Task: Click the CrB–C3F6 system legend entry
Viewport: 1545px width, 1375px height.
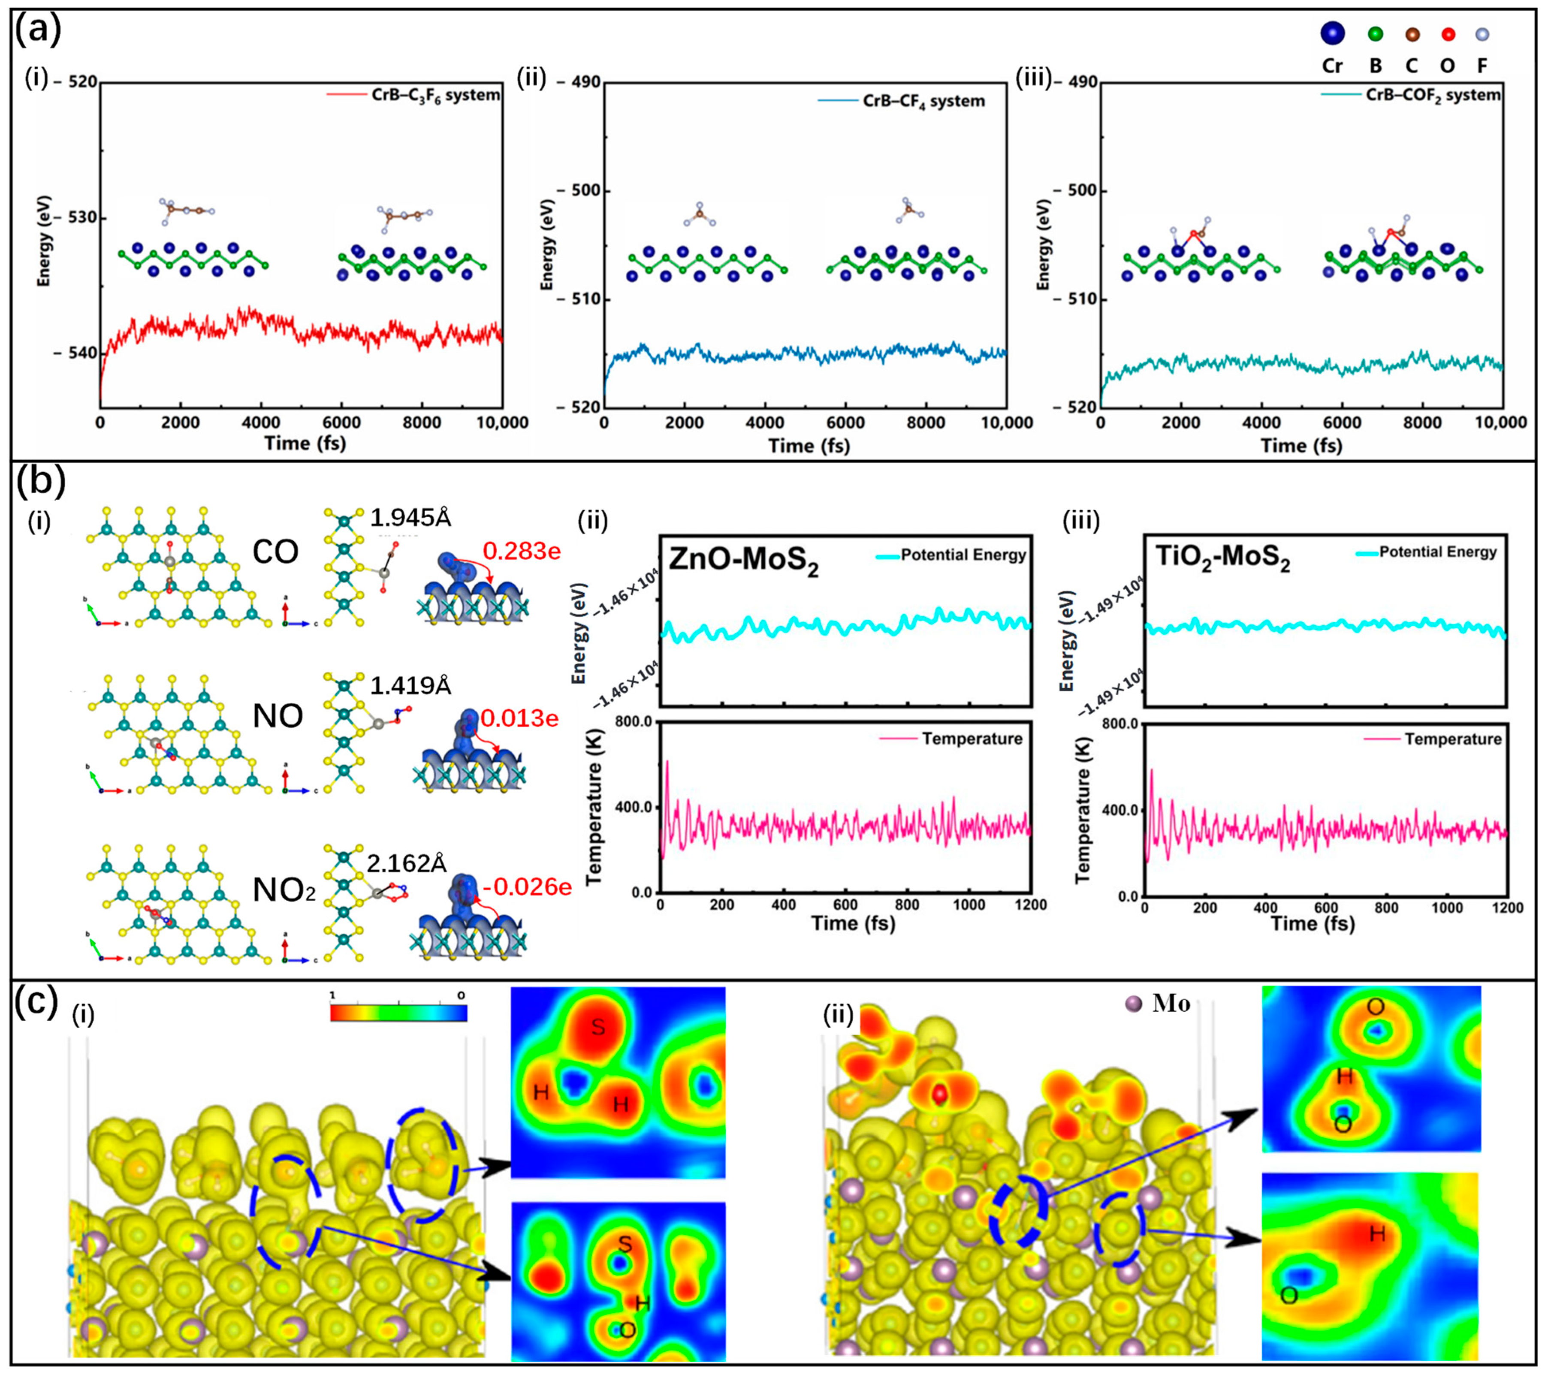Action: [435, 95]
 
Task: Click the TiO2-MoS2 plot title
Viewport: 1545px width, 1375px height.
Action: [1222, 559]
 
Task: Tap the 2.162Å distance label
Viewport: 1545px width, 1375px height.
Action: [407, 864]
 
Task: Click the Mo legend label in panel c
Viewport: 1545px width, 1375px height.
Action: [1171, 1004]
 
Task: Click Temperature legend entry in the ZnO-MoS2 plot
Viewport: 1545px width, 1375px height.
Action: [971, 739]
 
